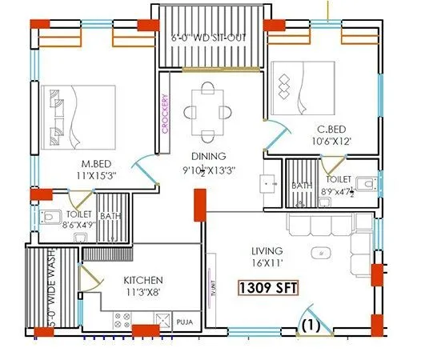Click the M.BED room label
click(x=92, y=161)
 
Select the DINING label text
click(x=208, y=156)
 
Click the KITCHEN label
click(x=143, y=281)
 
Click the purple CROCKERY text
click(x=165, y=112)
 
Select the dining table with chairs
click(x=208, y=112)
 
